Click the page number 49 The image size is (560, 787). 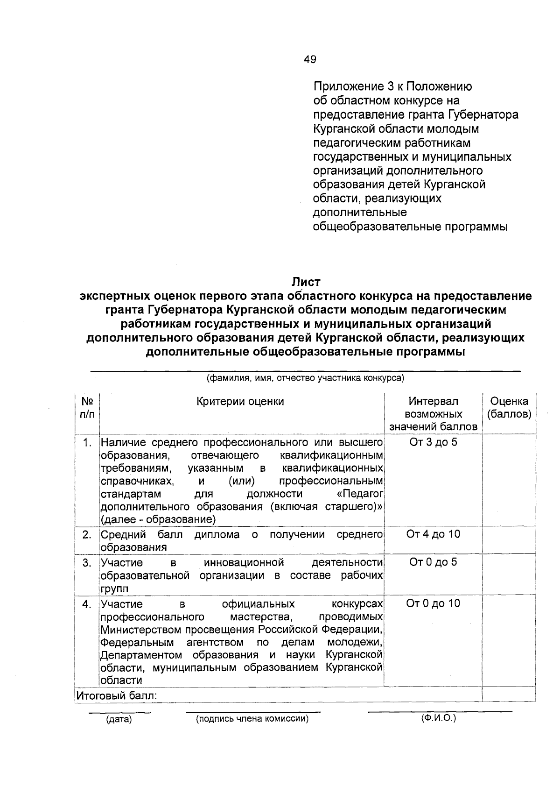click(x=309, y=59)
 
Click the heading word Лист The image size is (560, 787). click(x=306, y=282)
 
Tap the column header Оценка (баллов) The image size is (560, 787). click(x=509, y=408)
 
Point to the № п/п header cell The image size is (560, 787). click(x=87, y=408)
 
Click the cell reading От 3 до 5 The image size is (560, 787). click(x=433, y=442)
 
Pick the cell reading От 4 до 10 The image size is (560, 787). click(x=433, y=534)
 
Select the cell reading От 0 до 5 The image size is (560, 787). click(x=433, y=562)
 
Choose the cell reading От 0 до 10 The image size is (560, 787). click(x=433, y=603)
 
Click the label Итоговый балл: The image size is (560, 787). click(x=116, y=696)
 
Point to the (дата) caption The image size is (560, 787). click(x=119, y=720)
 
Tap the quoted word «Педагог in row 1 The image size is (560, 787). click(x=360, y=494)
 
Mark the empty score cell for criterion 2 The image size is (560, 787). click(x=508, y=540)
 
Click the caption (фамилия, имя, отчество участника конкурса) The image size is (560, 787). click(x=305, y=378)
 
